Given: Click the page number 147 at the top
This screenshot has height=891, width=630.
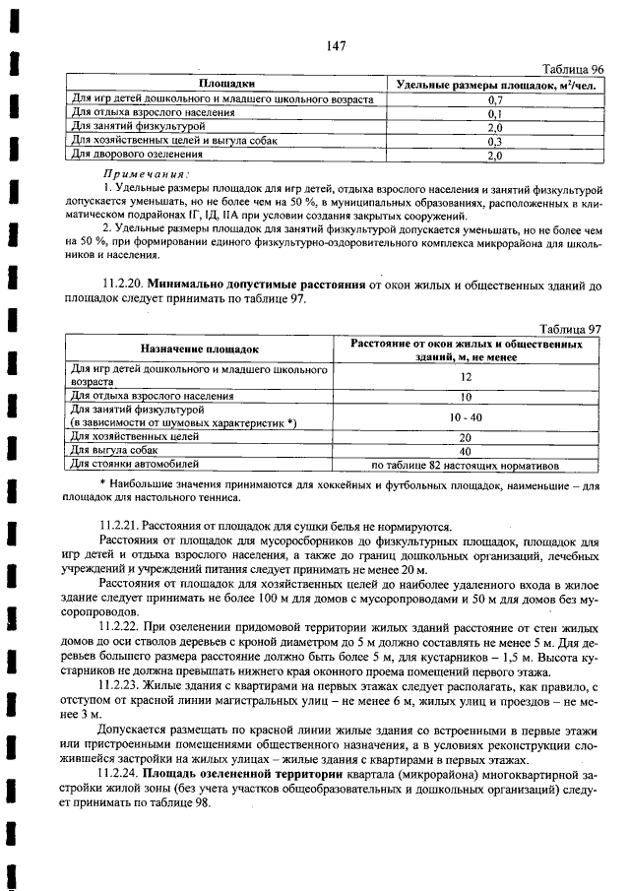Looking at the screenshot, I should point(335,45).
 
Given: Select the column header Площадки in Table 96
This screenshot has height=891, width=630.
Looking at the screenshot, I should point(227,86).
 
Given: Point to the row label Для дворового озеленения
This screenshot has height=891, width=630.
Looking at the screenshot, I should point(138,156).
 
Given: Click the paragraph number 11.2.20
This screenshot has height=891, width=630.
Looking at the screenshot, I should point(124,285).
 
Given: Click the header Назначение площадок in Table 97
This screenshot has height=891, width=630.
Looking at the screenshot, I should point(199,350).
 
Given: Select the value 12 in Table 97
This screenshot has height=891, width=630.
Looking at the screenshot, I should point(467,376).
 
